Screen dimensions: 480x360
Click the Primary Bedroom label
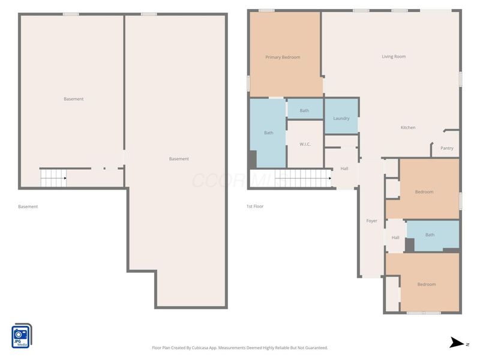pos(283,57)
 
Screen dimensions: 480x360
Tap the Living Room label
pos(394,56)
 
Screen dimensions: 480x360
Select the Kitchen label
pos(408,127)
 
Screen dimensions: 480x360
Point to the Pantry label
pos(446,148)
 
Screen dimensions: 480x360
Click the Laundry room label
pos(341,118)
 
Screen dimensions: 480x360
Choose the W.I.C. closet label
pos(305,144)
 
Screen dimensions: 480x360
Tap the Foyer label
pos(371,221)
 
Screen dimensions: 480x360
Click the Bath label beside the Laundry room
pos(304,110)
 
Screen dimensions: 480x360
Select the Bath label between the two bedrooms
pos(430,235)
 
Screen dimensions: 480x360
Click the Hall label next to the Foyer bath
pos(395,238)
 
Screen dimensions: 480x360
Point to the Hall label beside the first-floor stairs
pos(344,169)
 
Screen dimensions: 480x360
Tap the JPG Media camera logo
pos(22,336)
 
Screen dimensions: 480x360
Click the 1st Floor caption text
pos(255,206)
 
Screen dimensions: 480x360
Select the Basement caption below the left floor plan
pos(28,206)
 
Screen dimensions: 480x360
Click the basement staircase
pos(53,178)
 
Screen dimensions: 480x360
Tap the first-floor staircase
pos(302,178)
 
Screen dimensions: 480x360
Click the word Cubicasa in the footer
pos(200,348)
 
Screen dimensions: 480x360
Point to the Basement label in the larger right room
pos(179,159)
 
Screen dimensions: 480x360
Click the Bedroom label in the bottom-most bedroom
pos(427,284)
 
